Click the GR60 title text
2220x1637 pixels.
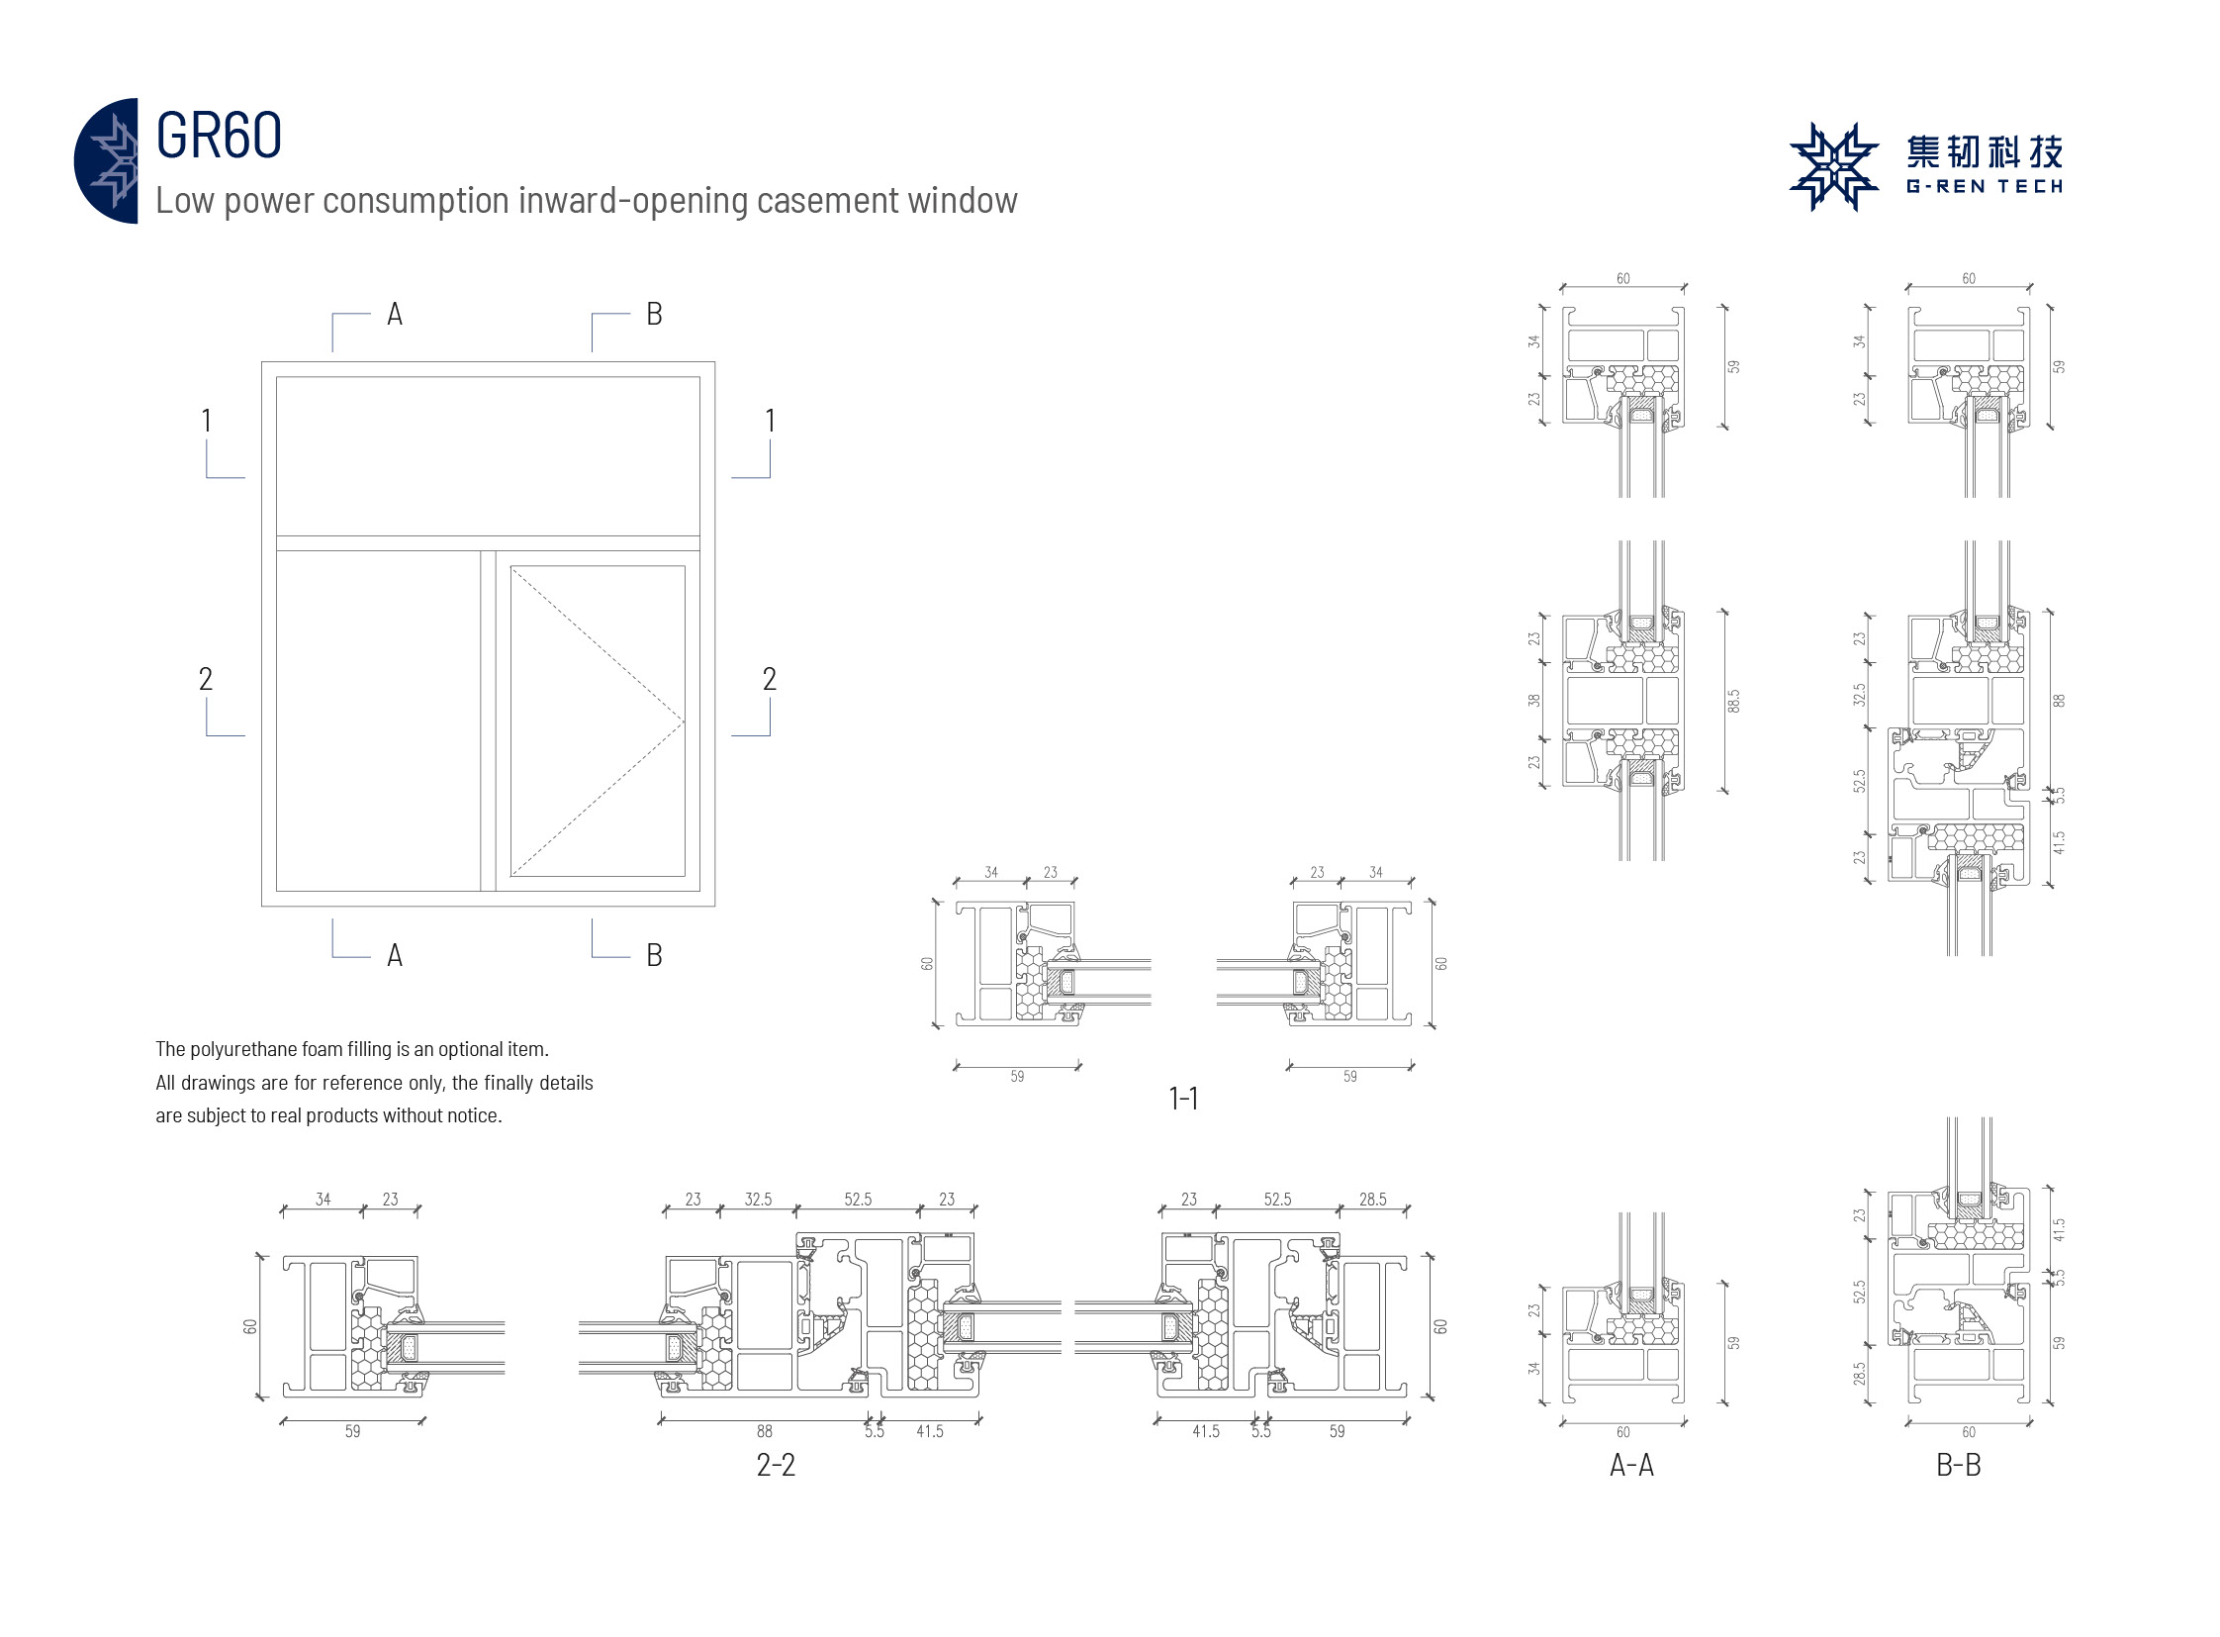point(219,135)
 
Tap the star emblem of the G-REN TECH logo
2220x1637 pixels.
point(1832,166)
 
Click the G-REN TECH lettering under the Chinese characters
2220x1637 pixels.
point(1984,186)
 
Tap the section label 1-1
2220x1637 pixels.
point(1183,1098)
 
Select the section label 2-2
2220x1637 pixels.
point(776,1465)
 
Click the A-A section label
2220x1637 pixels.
point(1631,1465)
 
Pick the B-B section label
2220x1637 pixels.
point(1959,1465)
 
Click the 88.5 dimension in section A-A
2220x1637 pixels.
point(1733,701)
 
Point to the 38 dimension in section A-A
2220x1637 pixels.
point(1534,700)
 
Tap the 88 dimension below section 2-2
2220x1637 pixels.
point(765,1431)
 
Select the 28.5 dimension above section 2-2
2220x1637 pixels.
point(1373,1199)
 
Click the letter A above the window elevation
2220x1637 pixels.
point(395,314)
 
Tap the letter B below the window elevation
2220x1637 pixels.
point(654,955)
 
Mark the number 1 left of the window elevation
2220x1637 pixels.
point(206,421)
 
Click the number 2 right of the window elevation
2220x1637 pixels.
point(769,679)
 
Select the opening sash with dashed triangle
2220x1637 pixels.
point(598,721)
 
